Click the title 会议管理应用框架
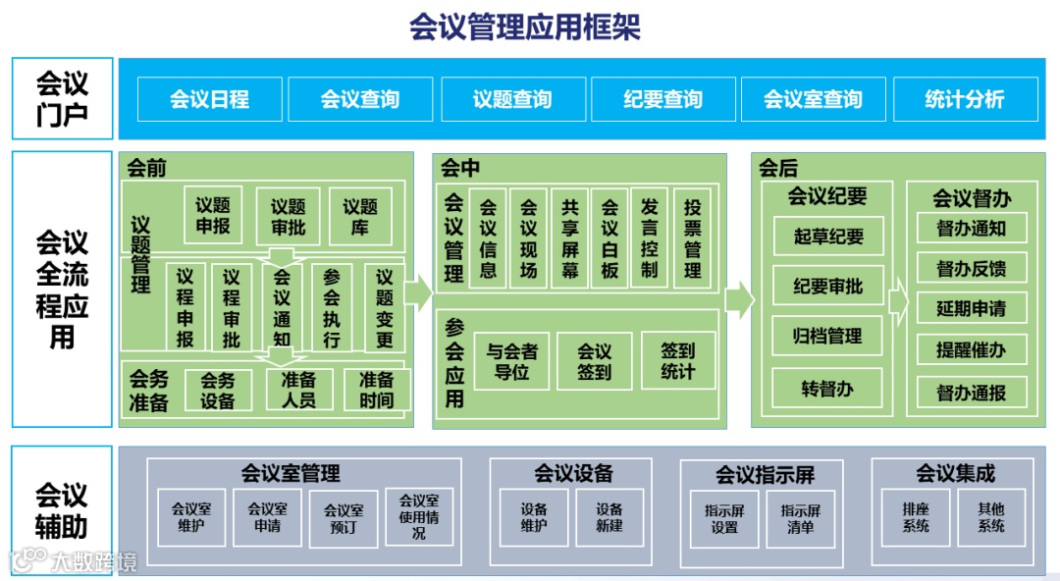(x=525, y=26)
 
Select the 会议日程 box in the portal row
(x=210, y=99)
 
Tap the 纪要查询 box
(x=662, y=99)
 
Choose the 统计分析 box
(x=965, y=99)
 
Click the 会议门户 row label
(x=62, y=98)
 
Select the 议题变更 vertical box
(x=385, y=307)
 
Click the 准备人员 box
(x=298, y=390)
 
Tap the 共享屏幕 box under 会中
(x=570, y=238)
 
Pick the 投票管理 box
(x=692, y=238)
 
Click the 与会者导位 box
(x=511, y=361)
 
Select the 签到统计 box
(x=678, y=360)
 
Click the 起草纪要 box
(x=828, y=237)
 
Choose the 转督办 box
(x=828, y=388)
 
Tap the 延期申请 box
(x=972, y=309)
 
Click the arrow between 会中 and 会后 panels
(x=739, y=296)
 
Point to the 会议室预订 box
(x=344, y=518)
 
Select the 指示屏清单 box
(x=801, y=518)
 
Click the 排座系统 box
(x=916, y=517)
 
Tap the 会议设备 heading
(x=573, y=474)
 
